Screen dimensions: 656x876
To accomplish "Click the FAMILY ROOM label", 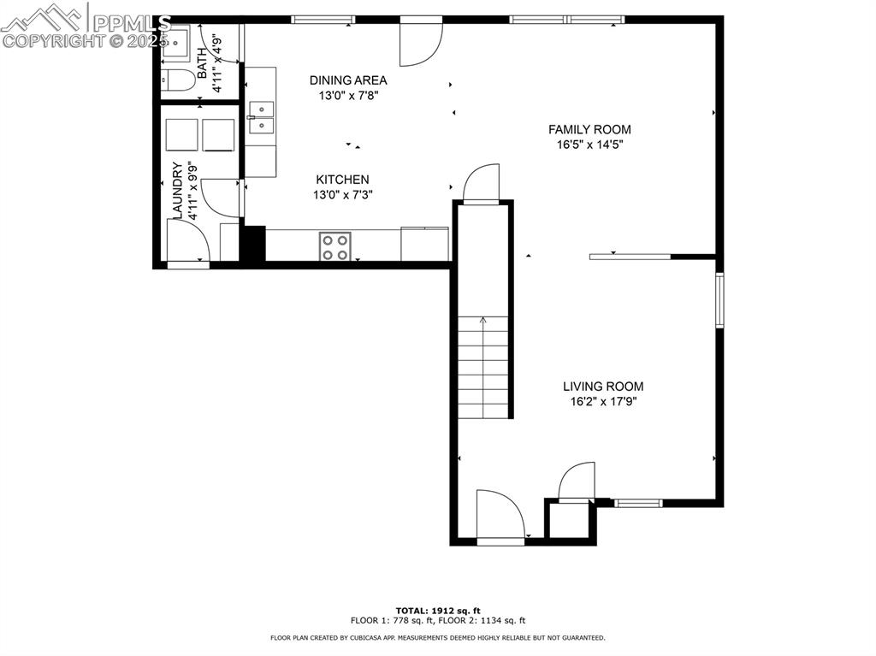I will (589, 129).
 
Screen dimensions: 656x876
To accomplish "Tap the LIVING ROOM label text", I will (602, 386).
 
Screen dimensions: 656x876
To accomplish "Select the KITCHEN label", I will (342, 179).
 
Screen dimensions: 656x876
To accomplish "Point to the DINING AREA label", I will (347, 80).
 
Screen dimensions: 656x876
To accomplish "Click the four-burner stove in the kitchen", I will (334, 245).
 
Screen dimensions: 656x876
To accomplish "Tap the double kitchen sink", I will (261, 118).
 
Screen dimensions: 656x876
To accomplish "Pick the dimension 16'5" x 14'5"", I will (589, 145).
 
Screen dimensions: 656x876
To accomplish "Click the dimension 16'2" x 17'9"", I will (602, 401).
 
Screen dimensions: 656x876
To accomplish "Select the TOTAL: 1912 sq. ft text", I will (437, 610).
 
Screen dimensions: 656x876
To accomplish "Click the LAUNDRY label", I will (177, 190).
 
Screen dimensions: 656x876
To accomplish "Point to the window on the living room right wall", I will (719, 299).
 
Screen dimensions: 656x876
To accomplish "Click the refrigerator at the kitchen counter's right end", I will (425, 243).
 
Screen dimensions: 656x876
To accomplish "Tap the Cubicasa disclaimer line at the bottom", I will (437, 638).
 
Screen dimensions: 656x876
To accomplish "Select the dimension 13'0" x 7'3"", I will (342, 194).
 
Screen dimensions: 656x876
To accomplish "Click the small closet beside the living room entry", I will (568, 521).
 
